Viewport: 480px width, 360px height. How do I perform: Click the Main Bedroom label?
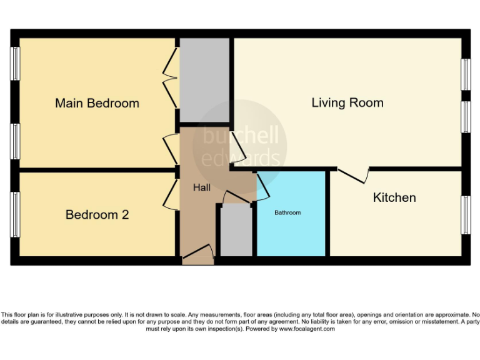click(x=97, y=103)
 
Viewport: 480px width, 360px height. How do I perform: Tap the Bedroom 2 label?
click(x=97, y=215)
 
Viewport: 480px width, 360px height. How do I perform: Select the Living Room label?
click(x=347, y=102)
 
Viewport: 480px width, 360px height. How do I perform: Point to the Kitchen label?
click(x=394, y=197)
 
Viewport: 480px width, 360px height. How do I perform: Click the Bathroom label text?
click(x=287, y=213)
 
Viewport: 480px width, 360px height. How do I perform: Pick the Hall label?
click(x=201, y=187)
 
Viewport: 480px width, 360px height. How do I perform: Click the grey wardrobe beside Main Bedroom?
click(x=204, y=80)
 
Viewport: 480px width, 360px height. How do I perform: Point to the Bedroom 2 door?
click(x=170, y=194)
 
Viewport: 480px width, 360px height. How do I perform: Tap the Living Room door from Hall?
click(x=237, y=147)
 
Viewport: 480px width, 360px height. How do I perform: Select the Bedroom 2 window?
click(x=15, y=214)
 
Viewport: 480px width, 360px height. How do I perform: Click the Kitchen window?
click(x=465, y=214)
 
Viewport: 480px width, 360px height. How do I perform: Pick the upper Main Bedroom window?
click(x=15, y=63)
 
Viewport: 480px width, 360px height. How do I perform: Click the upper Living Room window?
click(x=465, y=75)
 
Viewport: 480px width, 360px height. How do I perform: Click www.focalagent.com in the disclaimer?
click(x=307, y=329)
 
